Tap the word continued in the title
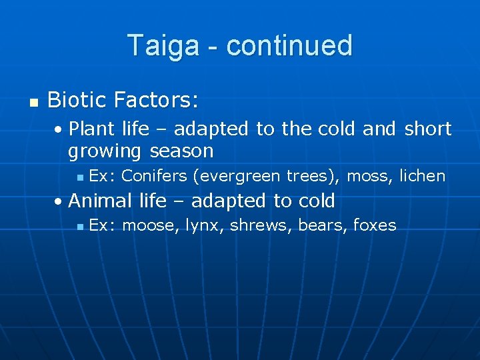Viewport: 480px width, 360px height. tap(289, 46)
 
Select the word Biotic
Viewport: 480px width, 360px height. tap(77, 100)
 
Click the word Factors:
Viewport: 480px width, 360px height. tap(156, 100)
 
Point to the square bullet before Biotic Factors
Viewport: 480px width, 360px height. tap(31, 102)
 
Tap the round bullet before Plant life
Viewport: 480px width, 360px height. tap(61, 129)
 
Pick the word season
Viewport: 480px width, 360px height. tap(181, 151)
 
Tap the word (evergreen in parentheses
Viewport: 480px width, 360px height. tap(237, 177)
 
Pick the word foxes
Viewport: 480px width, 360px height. tap(375, 225)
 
